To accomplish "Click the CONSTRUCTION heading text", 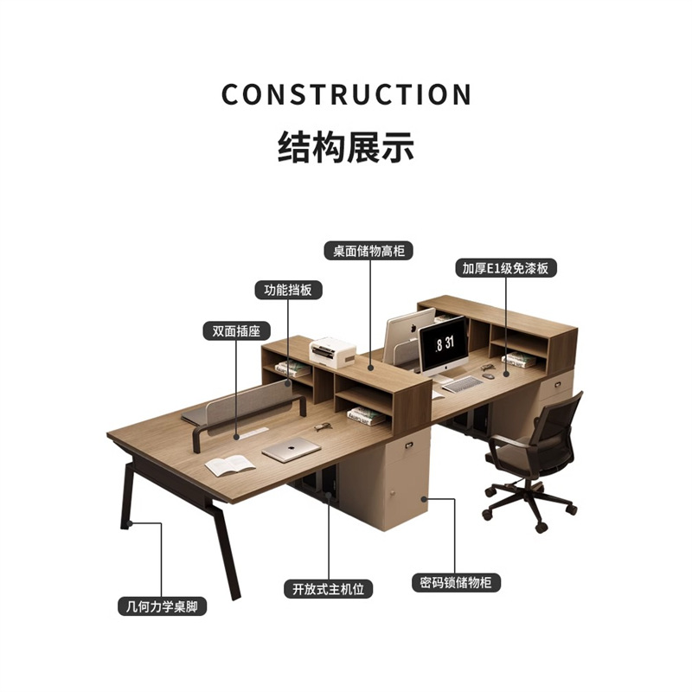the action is coord(346,94).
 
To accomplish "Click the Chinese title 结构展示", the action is coord(346,147).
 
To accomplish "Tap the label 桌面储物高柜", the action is coord(368,251).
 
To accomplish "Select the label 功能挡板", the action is coord(288,291).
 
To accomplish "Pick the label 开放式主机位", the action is coord(328,589).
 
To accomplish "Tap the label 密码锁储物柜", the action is coord(456,582).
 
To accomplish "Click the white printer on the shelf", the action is coord(334,350).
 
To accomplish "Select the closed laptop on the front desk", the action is coord(291,451).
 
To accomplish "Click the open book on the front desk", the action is coord(230,465).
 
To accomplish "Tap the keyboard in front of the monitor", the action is coord(463,384).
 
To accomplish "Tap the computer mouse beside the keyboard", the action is coord(490,375).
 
